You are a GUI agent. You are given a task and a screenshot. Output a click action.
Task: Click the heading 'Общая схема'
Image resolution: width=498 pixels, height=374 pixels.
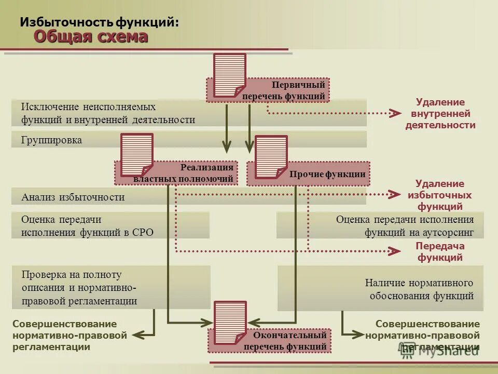click(x=91, y=36)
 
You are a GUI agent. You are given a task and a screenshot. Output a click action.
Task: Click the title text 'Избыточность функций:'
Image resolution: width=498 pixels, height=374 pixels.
click(x=100, y=22)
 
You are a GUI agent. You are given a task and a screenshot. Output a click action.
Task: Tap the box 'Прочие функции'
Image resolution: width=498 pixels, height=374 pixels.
click(x=327, y=175)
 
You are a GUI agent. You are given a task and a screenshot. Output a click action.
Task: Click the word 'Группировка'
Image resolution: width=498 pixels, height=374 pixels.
click(x=52, y=140)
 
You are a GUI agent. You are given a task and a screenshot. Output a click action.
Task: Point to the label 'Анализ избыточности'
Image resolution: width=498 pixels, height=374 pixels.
click(x=73, y=197)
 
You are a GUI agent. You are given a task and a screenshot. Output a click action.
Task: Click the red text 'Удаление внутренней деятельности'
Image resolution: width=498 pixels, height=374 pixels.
click(x=440, y=113)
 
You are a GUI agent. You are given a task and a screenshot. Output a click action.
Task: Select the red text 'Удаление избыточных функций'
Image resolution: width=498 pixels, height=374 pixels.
click(x=440, y=195)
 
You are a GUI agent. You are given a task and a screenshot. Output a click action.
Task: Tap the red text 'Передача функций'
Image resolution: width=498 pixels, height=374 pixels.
click(x=440, y=251)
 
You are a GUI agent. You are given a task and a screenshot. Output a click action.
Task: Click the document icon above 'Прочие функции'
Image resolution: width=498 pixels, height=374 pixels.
click(x=271, y=156)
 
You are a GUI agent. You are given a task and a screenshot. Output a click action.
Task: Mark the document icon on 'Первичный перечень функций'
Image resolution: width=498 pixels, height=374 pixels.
click(x=229, y=75)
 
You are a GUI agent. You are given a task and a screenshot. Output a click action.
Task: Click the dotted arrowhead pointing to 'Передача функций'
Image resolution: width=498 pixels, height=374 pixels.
click(x=396, y=251)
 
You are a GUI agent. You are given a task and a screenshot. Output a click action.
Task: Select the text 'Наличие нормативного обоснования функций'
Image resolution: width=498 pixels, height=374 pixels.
click(x=419, y=289)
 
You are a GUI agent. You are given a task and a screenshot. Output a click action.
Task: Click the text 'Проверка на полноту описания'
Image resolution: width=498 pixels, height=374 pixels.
click(x=72, y=274)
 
